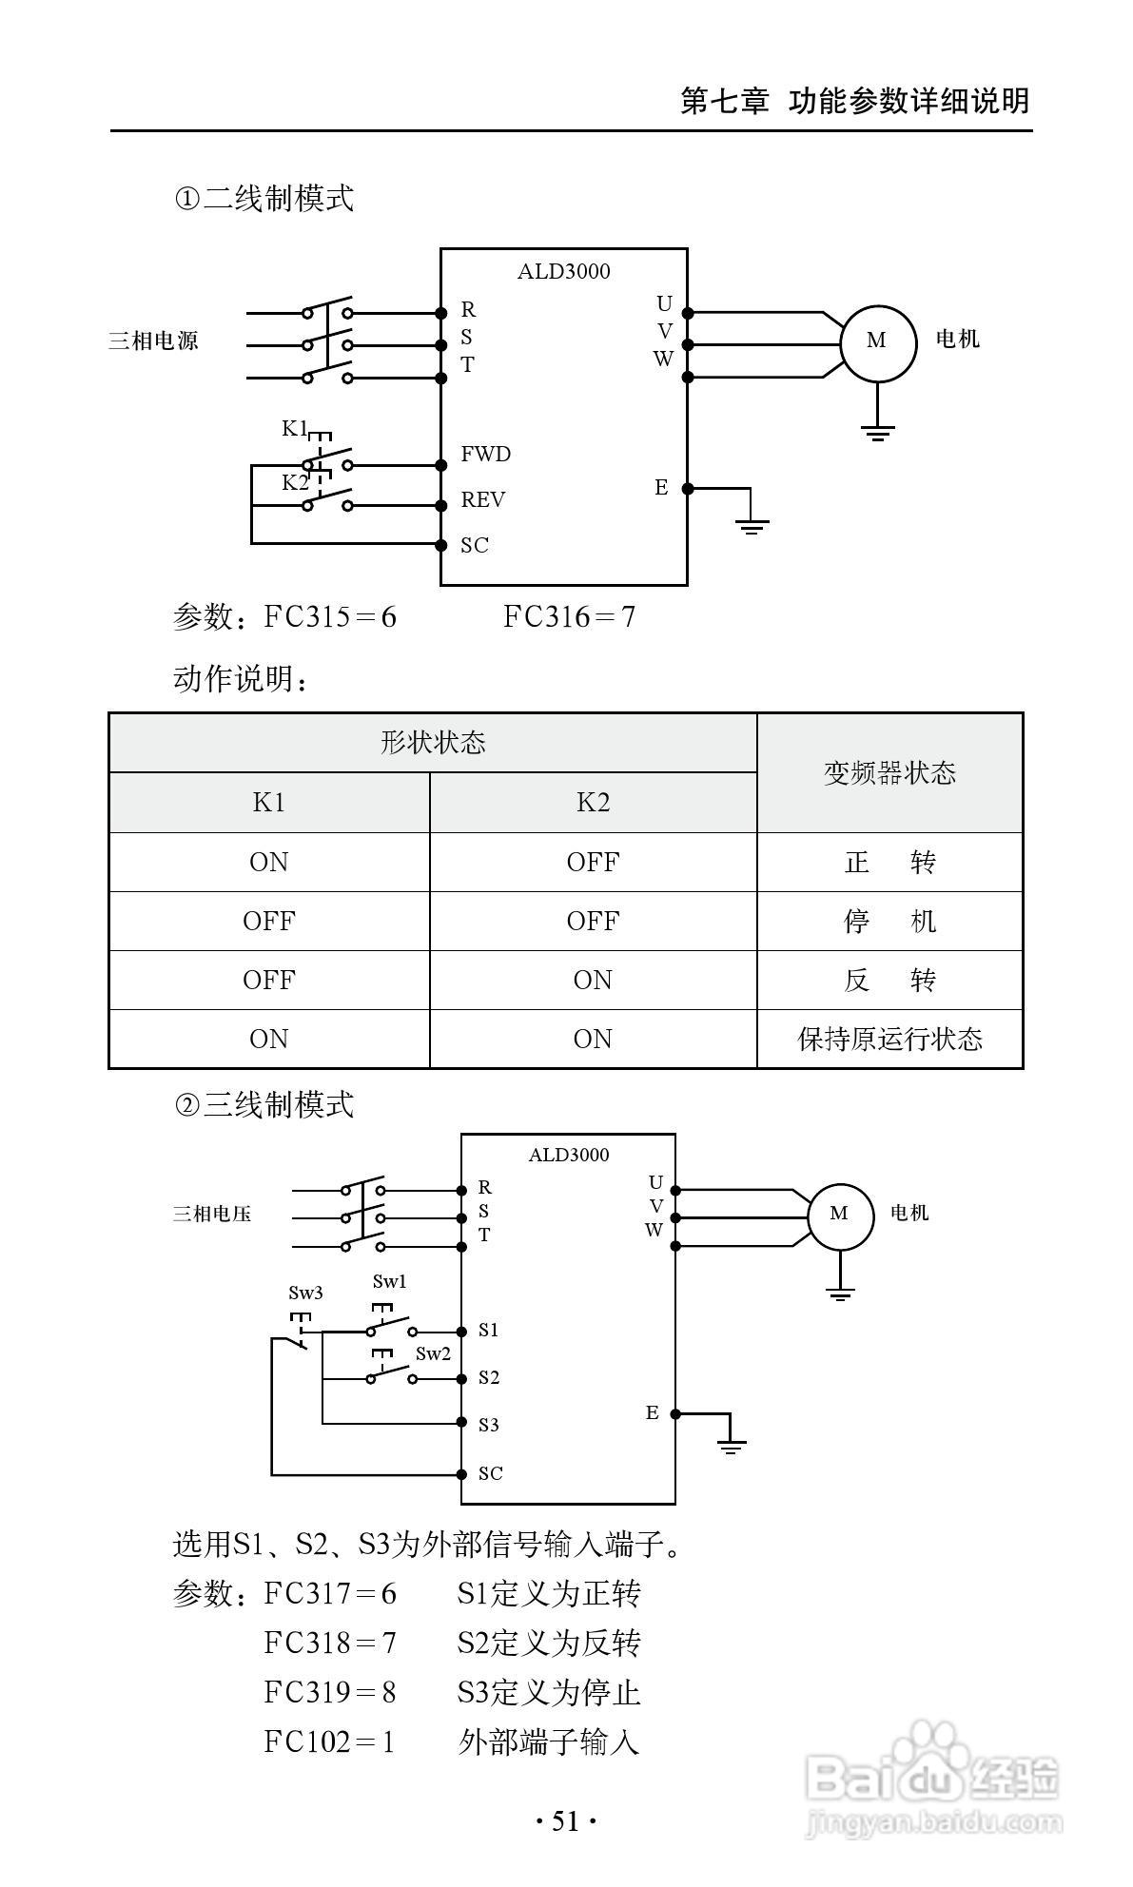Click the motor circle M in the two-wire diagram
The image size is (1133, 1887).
[x=877, y=342]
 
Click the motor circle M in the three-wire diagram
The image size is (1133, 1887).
[x=839, y=1215]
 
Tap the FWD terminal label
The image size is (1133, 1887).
[x=485, y=455]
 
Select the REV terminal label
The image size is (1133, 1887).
[x=482, y=500]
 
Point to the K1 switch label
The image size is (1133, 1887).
[x=294, y=429]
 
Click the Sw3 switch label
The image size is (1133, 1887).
[x=305, y=1293]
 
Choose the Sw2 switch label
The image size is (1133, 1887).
[x=433, y=1354]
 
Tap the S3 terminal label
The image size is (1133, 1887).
[x=488, y=1425]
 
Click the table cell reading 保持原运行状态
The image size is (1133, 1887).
[x=889, y=1039]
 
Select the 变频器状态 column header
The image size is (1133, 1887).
[x=889, y=773]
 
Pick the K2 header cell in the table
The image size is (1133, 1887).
[x=593, y=803]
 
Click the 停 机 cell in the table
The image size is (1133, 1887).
[x=889, y=921]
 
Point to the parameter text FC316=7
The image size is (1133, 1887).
[x=569, y=617]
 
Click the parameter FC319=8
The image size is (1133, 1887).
[x=330, y=1692]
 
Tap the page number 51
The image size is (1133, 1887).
[x=565, y=1821]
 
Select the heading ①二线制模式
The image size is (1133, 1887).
[x=264, y=199]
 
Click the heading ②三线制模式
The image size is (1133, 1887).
[x=264, y=1104]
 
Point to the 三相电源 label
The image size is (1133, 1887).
[x=153, y=341]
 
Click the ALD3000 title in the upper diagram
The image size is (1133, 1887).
[x=563, y=272]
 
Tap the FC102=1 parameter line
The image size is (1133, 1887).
[x=329, y=1741]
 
